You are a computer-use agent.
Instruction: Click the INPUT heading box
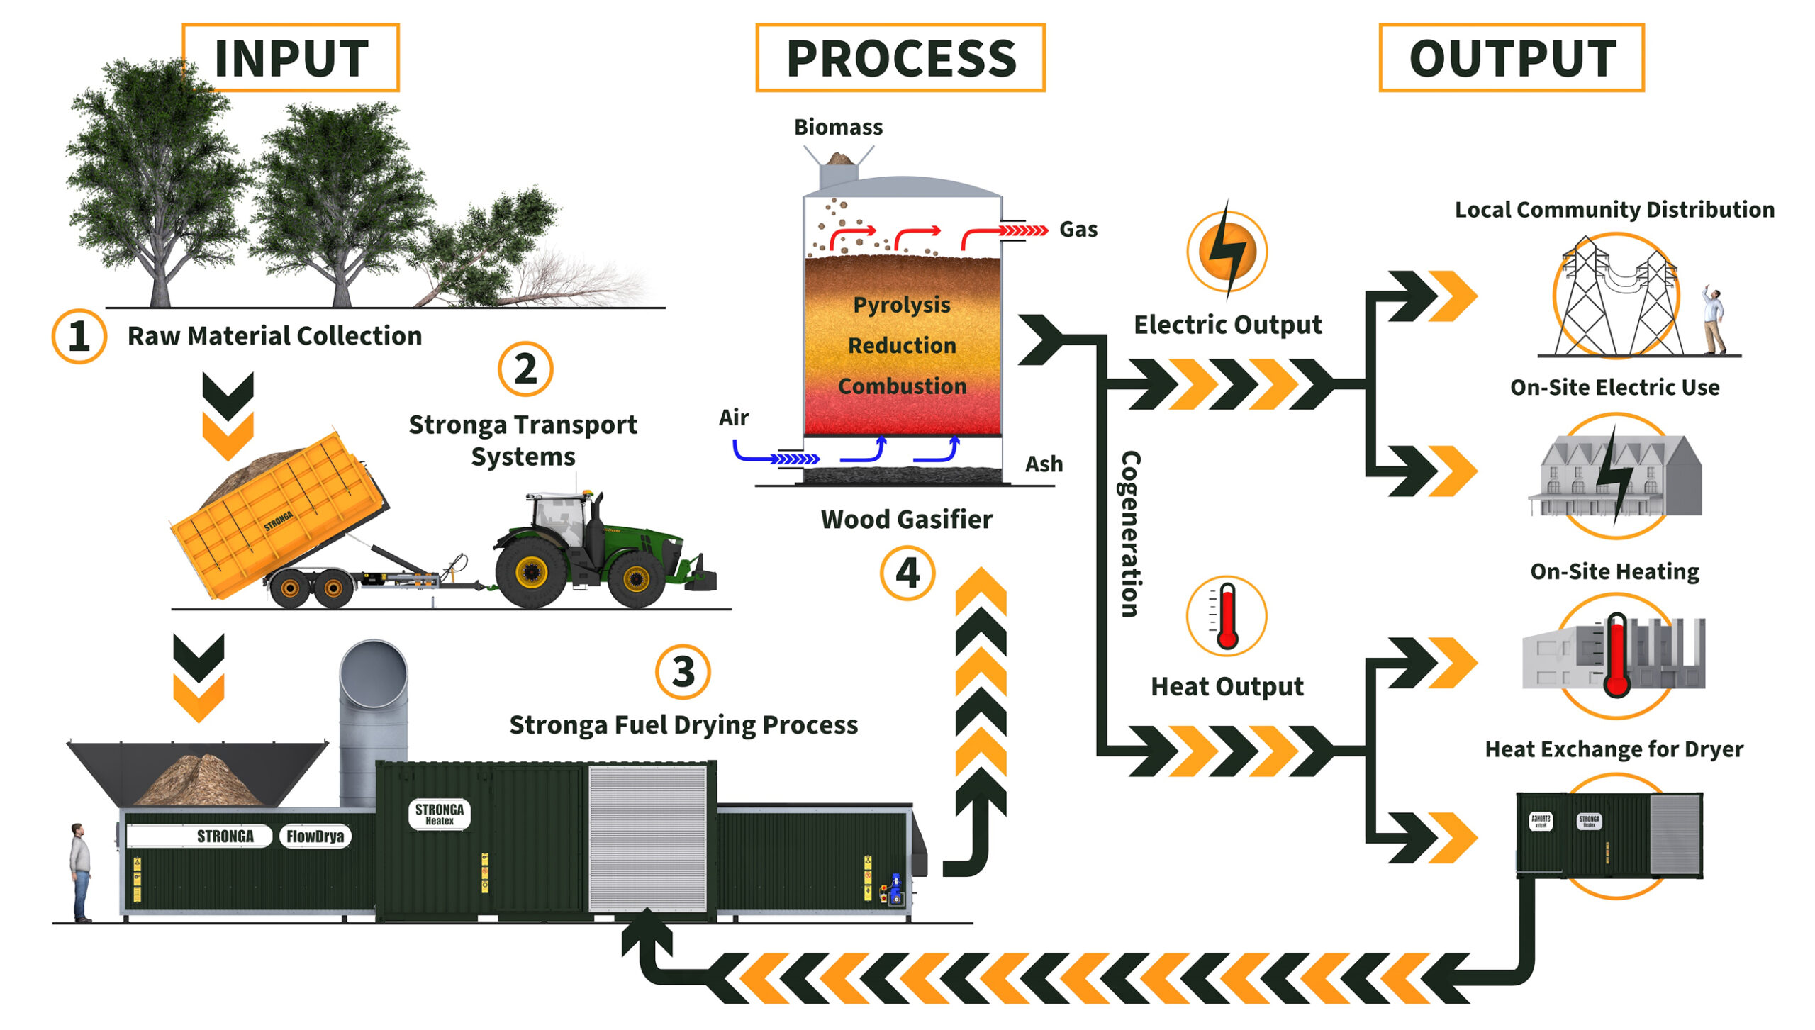pos(291,57)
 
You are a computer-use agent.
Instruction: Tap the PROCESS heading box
pos(900,57)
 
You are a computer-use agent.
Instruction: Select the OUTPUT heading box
pos(1511,57)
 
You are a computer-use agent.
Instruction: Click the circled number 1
pos(79,336)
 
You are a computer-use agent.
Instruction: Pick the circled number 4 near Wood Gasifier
pos(907,573)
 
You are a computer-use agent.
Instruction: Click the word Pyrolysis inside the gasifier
pos(901,305)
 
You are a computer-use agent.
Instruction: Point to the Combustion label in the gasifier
pos(902,386)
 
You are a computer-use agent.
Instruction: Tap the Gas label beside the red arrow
pos(1078,230)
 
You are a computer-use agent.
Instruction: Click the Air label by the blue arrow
pos(733,418)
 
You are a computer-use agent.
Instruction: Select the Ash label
pos(1044,464)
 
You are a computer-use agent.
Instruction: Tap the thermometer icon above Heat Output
pos(1227,615)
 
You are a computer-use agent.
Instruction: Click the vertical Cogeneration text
pos(1130,534)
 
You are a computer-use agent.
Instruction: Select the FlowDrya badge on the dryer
pos(315,836)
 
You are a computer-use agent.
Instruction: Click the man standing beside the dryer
pos(81,871)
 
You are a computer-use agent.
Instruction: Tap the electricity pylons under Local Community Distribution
pos(1616,298)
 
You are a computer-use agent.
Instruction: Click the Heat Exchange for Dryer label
pos(1614,749)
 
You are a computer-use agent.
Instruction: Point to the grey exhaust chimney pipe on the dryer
pos(373,716)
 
